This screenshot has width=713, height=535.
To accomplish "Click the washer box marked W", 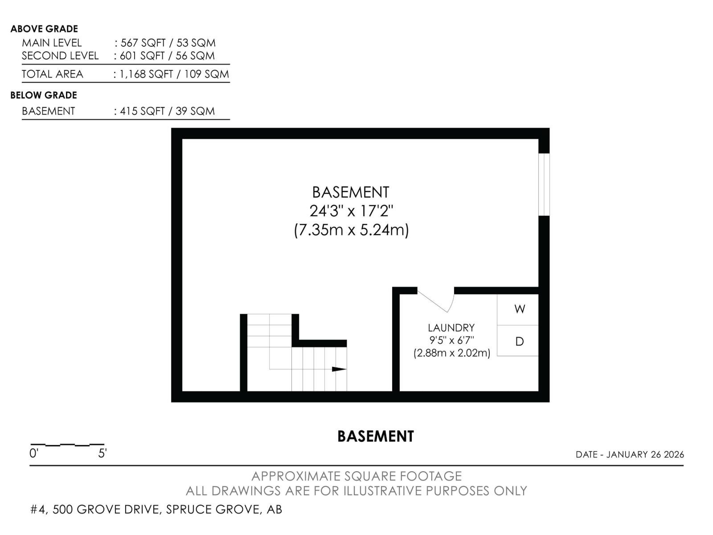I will click(x=518, y=309).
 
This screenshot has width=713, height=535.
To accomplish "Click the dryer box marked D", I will click(x=518, y=341).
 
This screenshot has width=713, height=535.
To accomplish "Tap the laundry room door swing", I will click(x=439, y=300).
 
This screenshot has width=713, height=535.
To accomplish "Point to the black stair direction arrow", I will click(x=339, y=369).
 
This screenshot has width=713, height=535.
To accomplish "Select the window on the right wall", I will click(x=544, y=185).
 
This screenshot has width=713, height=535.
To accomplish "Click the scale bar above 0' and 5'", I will click(x=67, y=444).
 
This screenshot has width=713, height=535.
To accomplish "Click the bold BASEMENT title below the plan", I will click(x=375, y=436).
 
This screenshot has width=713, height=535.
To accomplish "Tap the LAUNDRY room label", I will click(x=451, y=328).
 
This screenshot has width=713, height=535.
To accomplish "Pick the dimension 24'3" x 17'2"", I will click(x=351, y=210).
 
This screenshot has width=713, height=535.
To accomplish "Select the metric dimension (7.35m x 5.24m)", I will click(x=351, y=230).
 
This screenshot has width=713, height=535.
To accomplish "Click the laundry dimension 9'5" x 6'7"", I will click(x=451, y=340).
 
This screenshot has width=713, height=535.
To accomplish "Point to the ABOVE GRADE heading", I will click(x=44, y=29).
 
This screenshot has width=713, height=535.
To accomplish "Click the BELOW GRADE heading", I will click(x=44, y=95).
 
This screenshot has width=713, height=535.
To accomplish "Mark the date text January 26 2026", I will click(x=630, y=454).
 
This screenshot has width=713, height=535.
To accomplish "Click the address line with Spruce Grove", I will click(x=156, y=509).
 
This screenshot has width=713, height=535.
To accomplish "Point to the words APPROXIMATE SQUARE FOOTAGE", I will click(x=356, y=476).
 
